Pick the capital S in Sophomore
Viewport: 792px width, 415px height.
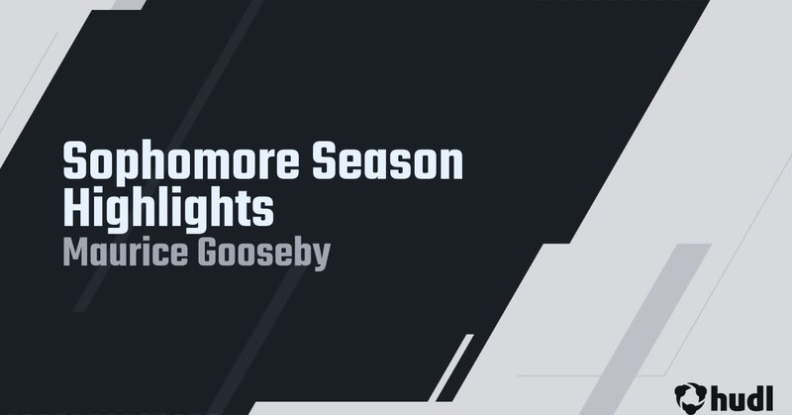(74, 162)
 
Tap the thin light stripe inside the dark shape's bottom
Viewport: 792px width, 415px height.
(451, 377)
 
